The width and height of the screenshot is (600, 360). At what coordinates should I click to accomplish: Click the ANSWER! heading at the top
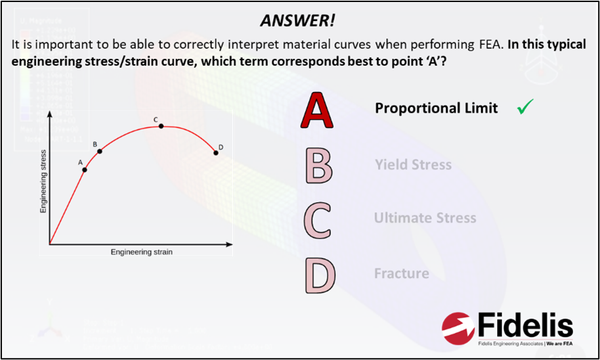pyautogui.click(x=297, y=21)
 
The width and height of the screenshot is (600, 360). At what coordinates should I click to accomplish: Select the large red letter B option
pyautogui.click(x=318, y=166)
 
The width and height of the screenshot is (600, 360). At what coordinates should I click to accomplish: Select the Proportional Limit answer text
pyautogui.click(x=436, y=108)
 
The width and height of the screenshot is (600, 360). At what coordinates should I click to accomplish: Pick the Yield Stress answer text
pyautogui.click(x=412, y=164)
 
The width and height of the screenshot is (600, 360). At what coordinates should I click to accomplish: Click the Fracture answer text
pyautogui.click(x=402, y=273)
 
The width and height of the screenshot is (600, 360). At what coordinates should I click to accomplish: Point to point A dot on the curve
pyautogui.click(x=85, y=169)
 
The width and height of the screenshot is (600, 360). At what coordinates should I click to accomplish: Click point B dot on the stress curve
pyautogui.click(x=100, y=151)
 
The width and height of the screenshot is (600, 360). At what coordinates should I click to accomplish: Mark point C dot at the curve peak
pyautogui.click(x=160, y=126)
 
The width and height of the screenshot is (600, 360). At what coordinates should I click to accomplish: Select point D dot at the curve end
pyautogui.click(x=216, y=152)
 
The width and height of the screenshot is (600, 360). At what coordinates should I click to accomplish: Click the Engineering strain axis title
pyautogui.click(x=142, y=252)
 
